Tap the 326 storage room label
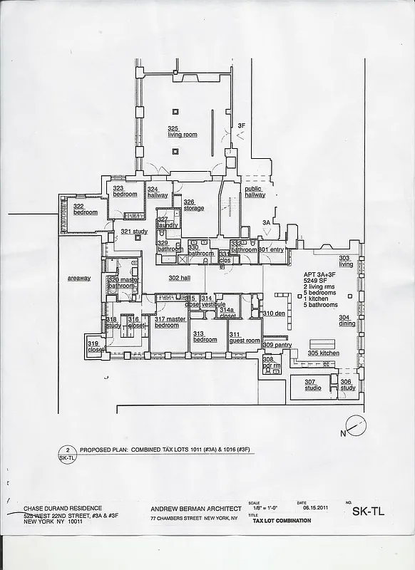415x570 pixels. [194, 205]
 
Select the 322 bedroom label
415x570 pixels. [85, 209]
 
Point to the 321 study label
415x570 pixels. [134, 232]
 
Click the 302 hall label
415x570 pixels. [180, 278]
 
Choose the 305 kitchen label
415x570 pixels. [323, 353]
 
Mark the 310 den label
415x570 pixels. [274, 313]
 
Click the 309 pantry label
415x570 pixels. [277, 345]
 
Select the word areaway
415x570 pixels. [79, 278]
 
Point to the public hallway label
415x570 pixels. [255, 192]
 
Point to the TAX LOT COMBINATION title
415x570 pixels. [282, 521]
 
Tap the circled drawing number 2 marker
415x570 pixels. [66, 450]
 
